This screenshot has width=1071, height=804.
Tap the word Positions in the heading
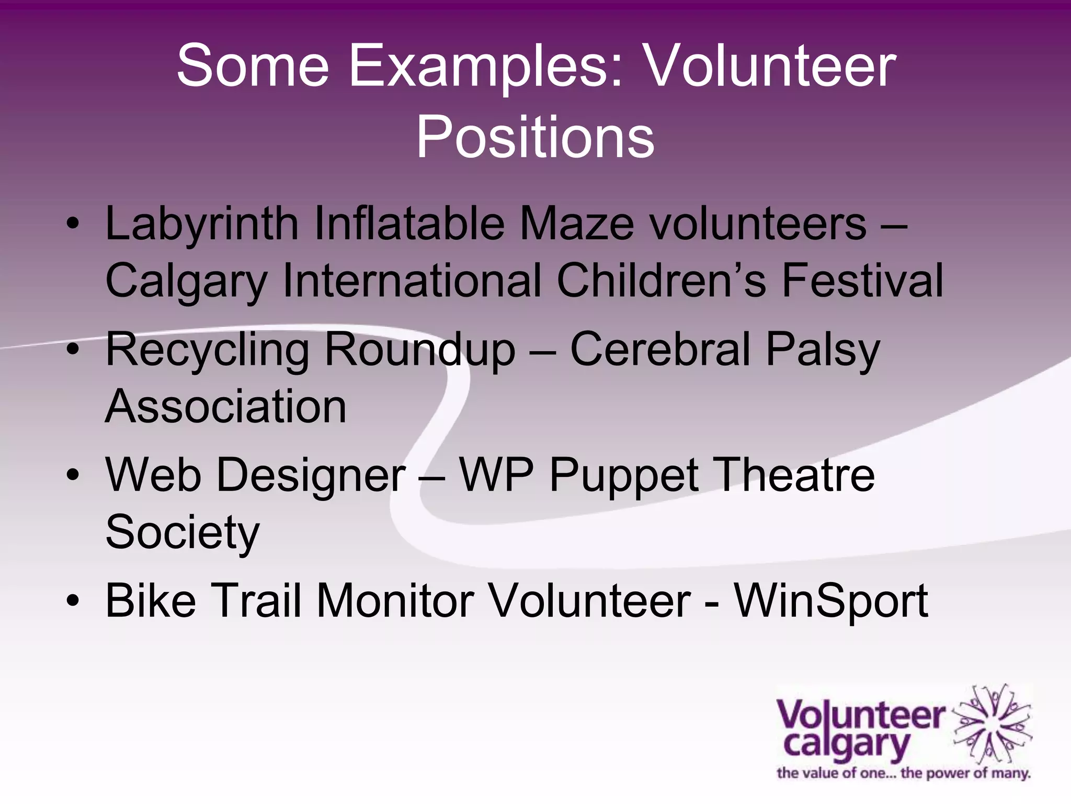pos(535,137)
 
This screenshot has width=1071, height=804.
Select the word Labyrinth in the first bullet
pos(202,224)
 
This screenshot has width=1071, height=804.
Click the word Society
pos(183,533)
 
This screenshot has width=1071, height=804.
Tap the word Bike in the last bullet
pos(151,600)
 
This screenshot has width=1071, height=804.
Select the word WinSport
pos(831,601)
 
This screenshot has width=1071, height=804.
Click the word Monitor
pos(395,600)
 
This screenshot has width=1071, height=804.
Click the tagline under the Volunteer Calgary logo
pos(903,773)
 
